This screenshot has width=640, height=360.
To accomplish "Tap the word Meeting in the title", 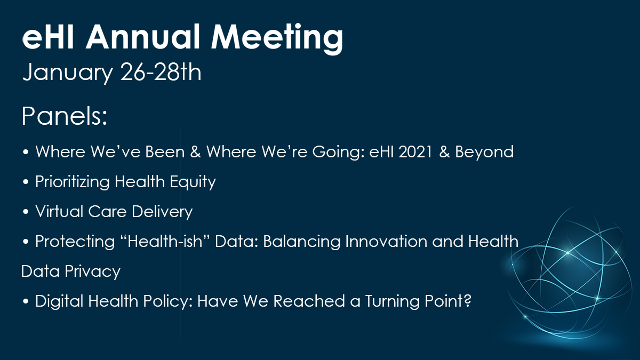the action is pyautogui.click(x=277, y=39).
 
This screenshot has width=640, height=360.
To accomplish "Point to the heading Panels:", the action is pyautogui.click(x=65, y=116).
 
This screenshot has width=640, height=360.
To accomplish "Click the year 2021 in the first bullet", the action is pyautogui.click(x=415, y=151).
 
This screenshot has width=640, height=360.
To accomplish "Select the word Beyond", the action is pyautogui.click(x=484, y=152).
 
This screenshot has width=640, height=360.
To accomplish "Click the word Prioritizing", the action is pyautogui.click(x=73, y=182).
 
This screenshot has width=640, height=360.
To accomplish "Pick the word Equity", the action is pyautogui.click(x=193, y=182).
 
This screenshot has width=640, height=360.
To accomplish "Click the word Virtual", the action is pyautogui.click(x=59, y=211).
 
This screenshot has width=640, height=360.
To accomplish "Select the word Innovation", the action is pyautogui.click(x=386, y=242).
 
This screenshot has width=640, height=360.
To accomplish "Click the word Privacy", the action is pyautogui.click(x=93, y=271).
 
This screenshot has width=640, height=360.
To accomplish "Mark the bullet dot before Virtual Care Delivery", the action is pyautogui.click(x=26, y=212).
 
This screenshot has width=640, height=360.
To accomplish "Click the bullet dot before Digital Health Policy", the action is pyautogui.click(x=26, y=301).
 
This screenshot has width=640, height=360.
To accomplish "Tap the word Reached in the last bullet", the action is pyautogui.click(x=309, y=301).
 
